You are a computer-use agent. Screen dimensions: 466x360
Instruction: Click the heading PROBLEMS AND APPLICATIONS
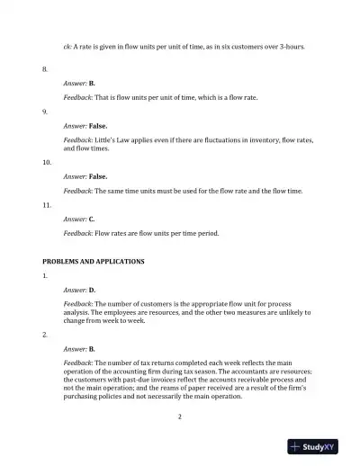click(x=87, y=261)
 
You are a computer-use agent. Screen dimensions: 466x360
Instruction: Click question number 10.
click(x=47, y=162)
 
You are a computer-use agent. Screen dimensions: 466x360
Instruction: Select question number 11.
click(x=47, y=205)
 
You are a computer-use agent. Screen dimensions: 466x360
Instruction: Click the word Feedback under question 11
click(x=78, y=233)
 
